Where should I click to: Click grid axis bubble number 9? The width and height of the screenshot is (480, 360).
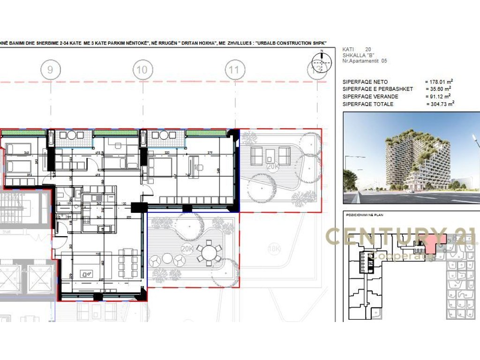pos(51,71)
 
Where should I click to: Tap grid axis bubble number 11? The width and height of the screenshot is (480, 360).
pos(235,71)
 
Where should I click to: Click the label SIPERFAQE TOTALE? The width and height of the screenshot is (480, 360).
pos(368,104)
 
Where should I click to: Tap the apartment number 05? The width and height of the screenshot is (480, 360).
pos(384,61)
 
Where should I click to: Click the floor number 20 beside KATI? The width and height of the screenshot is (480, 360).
pos(367,49)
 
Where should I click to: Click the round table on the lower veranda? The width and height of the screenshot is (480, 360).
pos(207,254)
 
